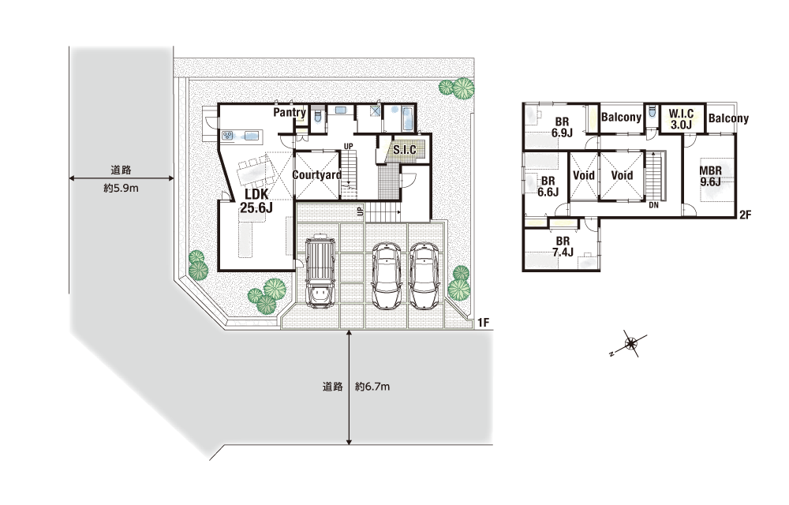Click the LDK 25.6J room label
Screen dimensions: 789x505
(x=256, y=200)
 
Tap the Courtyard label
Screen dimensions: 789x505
(x=317, y=175)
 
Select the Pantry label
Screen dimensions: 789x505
(x=290, y=113)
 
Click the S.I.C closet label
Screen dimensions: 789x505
(x=405, y=150)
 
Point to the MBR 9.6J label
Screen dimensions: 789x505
(x=710, y=176)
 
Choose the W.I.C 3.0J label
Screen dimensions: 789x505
(x=682, y=119)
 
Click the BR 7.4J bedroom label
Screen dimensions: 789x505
(x=563, y=247)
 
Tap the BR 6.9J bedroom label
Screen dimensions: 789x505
(x=562, y=127)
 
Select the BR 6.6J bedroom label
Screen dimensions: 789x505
(x=548, y=186)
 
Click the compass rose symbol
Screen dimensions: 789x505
(x=630, y=344)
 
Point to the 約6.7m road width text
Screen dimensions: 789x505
(x=372, y=387)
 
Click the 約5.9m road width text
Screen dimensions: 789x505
(x=121, y=189)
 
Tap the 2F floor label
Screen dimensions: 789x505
(x=746, y=215)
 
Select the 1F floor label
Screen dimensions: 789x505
(x=483, y=323)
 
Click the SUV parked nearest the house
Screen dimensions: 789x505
(x=320, y=270)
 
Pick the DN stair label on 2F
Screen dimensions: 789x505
(x=653, y=205)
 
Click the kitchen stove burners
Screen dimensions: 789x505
(x=228, y=135)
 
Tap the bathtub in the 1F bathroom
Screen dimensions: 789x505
(x=408, y=118)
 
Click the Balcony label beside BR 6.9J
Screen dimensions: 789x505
(x=622, y=118)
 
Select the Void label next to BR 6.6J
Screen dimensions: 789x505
(x=584, y=175)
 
